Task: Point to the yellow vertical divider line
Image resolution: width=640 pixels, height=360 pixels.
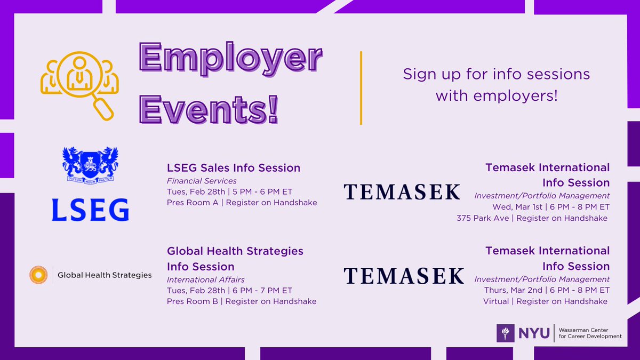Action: coord(361,88)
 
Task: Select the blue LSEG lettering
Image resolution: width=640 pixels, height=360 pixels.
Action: coord(90,210)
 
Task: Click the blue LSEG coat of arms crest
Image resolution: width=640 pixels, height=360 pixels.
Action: coord(90,163)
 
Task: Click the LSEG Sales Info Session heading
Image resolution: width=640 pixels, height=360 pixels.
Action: coord(234,168)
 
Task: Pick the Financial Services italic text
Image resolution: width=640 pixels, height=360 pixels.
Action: coord(202,181)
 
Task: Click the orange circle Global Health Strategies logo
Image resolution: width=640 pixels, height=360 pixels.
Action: coord(38,275)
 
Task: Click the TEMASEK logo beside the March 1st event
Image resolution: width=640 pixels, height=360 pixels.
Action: coord(402,191)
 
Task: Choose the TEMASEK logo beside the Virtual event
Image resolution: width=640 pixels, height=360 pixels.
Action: coord(403,275)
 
